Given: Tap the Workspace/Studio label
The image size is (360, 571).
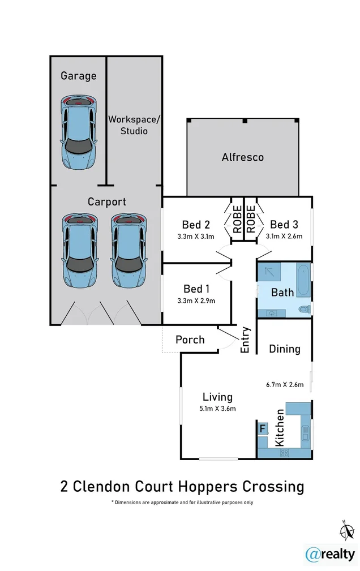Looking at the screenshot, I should point(135,125).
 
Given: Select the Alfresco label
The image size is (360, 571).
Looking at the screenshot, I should point(242,157).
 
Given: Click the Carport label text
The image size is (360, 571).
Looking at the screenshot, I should point(106,201).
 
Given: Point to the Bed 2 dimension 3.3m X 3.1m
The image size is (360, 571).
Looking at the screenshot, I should point(196,237).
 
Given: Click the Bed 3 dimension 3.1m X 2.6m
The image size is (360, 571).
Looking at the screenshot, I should point(284,237).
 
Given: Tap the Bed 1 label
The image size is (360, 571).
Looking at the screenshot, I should point(196,289).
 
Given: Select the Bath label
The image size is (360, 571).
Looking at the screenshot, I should point(282,292).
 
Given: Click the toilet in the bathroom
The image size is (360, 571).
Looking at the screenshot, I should point(304,309).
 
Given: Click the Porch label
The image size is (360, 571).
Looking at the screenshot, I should point(190,340).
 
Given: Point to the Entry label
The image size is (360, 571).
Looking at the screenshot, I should point(245,340).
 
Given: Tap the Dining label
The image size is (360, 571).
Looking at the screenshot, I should point(284,349).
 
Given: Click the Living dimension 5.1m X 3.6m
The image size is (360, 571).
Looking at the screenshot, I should point(217,409).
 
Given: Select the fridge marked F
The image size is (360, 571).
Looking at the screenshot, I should point(262,429).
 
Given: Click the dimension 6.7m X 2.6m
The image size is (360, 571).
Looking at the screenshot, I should point(285,385).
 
